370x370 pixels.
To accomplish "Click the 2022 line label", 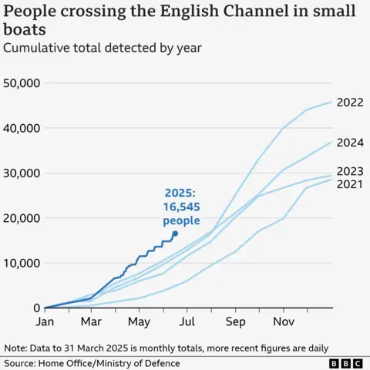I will pos(350,103).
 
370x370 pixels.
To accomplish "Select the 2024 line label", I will pos(350,142).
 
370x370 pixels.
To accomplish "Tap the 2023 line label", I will pos(350,171).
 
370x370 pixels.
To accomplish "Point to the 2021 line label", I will pos(350,185).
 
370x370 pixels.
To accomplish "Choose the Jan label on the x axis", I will pos(45,321).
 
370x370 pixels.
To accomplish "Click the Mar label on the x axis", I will pos(92,321).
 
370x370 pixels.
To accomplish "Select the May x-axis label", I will pos(139,321).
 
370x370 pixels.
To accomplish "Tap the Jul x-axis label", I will pos(187,321).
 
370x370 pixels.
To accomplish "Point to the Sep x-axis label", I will pos(235,321).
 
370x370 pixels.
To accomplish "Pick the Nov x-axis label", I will pos(284,321).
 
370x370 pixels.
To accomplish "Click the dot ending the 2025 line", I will pos(175,233).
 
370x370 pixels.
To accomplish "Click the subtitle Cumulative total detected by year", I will pos(103,48).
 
